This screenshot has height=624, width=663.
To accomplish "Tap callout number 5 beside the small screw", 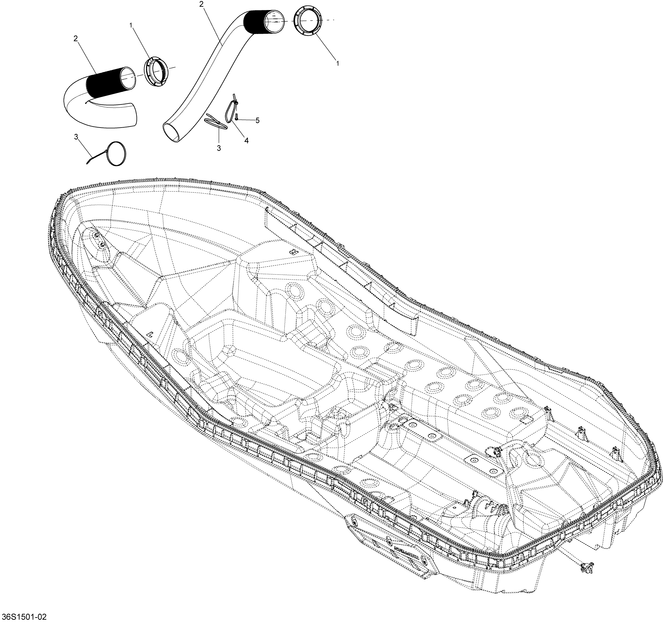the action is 257,120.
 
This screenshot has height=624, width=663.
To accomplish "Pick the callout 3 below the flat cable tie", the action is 219,148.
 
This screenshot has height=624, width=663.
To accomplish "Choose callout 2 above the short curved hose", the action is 76,39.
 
